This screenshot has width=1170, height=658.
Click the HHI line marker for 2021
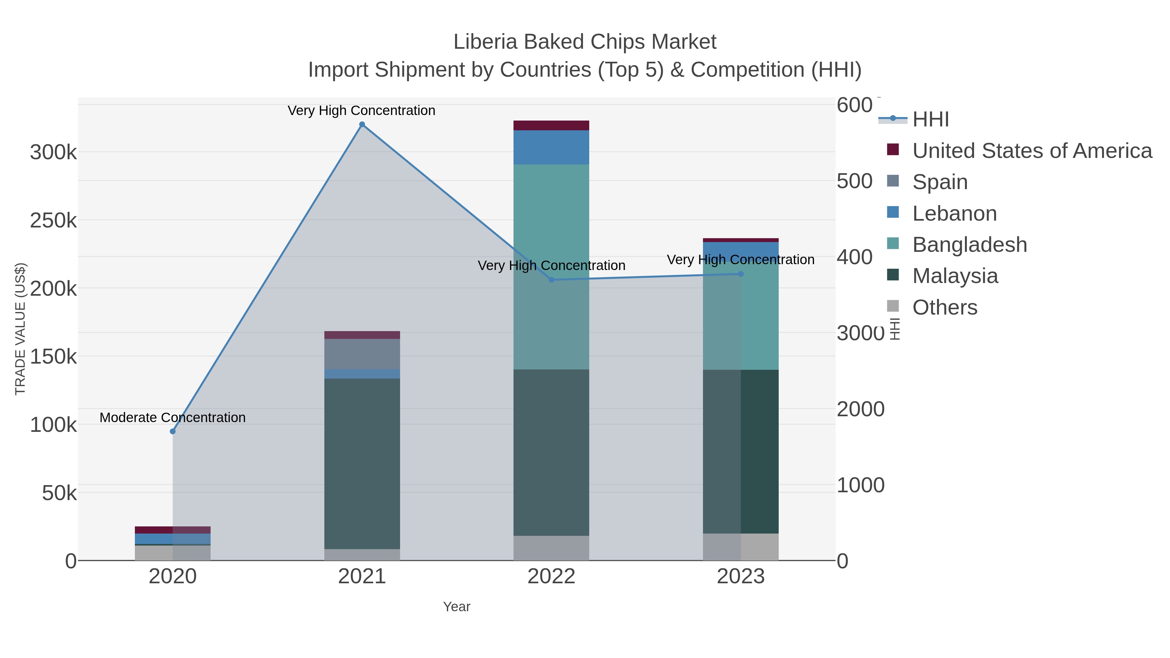362,124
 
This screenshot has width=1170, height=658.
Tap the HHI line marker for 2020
173,432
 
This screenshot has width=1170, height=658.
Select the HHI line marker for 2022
552,280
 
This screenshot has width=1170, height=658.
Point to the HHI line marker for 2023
741,274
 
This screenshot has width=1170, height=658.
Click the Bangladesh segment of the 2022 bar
552,218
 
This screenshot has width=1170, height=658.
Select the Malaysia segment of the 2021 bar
362,463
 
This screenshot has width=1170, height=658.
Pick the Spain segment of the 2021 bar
362,354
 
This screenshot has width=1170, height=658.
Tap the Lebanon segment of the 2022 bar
552,147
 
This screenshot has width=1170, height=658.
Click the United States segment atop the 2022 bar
552,125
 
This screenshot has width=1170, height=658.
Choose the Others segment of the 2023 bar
741,547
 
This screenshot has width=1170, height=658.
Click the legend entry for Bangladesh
969,245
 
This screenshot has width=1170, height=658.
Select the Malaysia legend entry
955,276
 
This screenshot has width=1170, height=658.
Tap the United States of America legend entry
1032,151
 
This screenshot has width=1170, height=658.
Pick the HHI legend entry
930,120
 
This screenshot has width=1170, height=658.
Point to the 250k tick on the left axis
53,221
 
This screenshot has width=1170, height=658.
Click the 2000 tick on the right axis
860,409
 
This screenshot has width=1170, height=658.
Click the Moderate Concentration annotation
173,417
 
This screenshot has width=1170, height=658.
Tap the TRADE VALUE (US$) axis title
20,329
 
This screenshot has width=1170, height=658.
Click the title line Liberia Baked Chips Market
585,42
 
